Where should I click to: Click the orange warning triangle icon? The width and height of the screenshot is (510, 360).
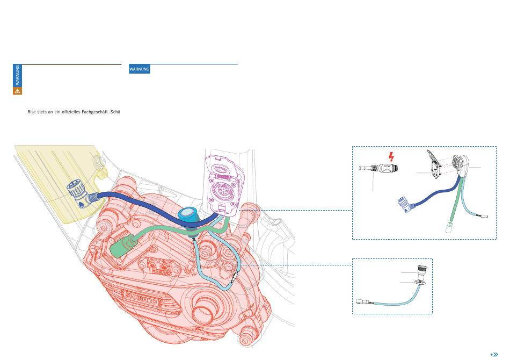(17, 91)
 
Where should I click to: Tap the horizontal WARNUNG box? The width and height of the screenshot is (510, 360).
(140, 69)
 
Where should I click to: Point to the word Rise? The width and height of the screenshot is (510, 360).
(32, 112)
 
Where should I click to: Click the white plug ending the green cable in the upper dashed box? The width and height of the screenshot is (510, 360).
(449, 227)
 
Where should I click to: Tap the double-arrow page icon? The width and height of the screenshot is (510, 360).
(494, 355)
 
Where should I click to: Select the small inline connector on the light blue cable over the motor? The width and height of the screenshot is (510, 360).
(234, 277)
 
